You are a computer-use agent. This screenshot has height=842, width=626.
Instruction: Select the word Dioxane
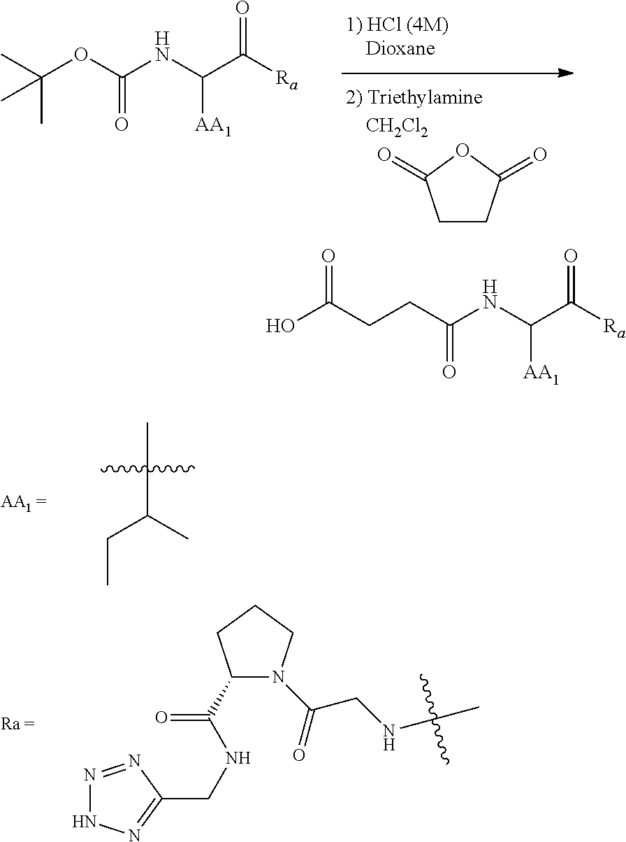400,49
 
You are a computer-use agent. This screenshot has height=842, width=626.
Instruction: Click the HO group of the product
281,327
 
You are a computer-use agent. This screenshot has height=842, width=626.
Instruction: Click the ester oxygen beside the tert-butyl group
81,55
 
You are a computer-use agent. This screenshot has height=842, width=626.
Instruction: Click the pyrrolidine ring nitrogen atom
277,676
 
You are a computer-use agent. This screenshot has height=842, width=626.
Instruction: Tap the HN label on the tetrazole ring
81,820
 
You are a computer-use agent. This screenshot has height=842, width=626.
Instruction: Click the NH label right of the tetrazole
239,758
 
